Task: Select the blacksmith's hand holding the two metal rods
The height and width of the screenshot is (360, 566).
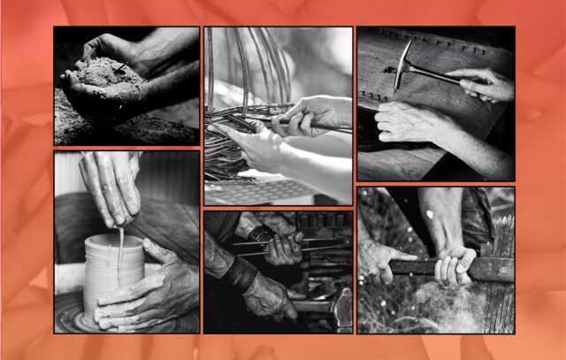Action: [283, 248]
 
